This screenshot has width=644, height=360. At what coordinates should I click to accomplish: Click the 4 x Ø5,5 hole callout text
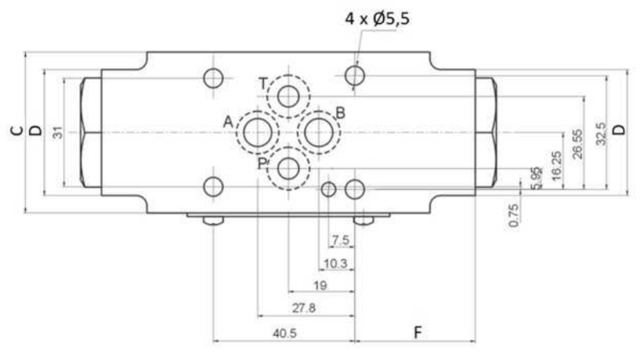coord(377,19)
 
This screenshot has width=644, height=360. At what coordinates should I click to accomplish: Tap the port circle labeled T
coord(288,97)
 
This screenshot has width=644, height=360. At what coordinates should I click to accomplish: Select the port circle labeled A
coord(258,132)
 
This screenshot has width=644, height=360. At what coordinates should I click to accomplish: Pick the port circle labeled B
coord(319,132)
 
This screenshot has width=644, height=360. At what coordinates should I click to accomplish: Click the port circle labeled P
coord(288,168)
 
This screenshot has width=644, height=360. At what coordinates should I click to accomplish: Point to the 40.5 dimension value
coord(285,333)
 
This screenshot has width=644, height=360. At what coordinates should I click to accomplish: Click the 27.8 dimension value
coord(304,308)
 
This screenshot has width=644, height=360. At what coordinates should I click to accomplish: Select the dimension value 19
coord(320,285)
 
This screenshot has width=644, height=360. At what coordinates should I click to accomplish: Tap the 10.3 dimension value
coord(336,263)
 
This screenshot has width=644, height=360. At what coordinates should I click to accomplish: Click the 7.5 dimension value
coord(341,240)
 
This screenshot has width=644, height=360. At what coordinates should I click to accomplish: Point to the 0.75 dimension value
coord(514,215)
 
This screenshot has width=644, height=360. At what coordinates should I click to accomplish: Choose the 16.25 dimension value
coord(556,166)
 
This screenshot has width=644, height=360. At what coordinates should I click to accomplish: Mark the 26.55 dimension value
coord(577,144)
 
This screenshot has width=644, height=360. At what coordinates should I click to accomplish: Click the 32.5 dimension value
coord(601,134)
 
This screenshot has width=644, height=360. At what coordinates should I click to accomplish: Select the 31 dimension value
coord(58,132)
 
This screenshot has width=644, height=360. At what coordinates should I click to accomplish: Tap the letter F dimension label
coord(417,332)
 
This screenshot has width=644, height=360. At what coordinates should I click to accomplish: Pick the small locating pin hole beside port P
coord(328,189)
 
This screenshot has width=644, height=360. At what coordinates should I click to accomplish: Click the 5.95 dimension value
coord(535,178)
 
